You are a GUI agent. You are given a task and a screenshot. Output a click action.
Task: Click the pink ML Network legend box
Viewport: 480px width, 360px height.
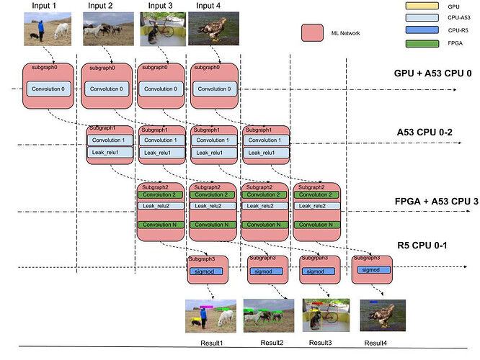click(311, 33)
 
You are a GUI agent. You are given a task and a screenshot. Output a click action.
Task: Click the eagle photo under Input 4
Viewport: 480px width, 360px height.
click(209, 28)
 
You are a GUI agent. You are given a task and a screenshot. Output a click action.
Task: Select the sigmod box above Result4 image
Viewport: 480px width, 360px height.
click(371, 269)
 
